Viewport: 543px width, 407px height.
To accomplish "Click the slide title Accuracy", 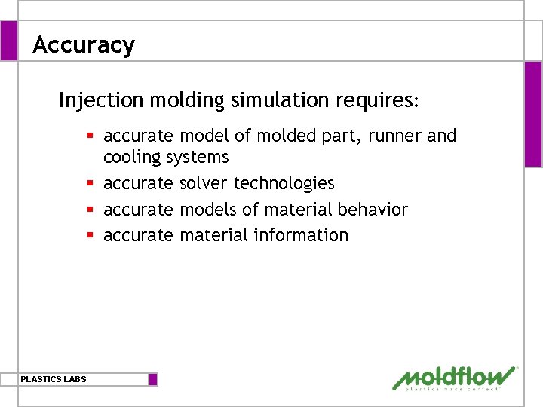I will (x=84, y=45).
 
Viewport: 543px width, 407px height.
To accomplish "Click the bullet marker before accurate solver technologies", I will (x=89, y=183).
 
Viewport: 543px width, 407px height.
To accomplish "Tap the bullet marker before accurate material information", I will (x=89, y=235).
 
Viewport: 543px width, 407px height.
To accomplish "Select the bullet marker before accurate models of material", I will (x=89, y=209).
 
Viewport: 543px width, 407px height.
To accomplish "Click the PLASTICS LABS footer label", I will (x=54, y=379).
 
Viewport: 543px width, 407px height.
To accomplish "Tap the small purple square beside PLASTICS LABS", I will (x=153, y=379).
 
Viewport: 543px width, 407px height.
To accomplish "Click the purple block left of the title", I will (x=8, y=41).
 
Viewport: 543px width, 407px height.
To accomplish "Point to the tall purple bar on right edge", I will (x=533, y=114).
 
